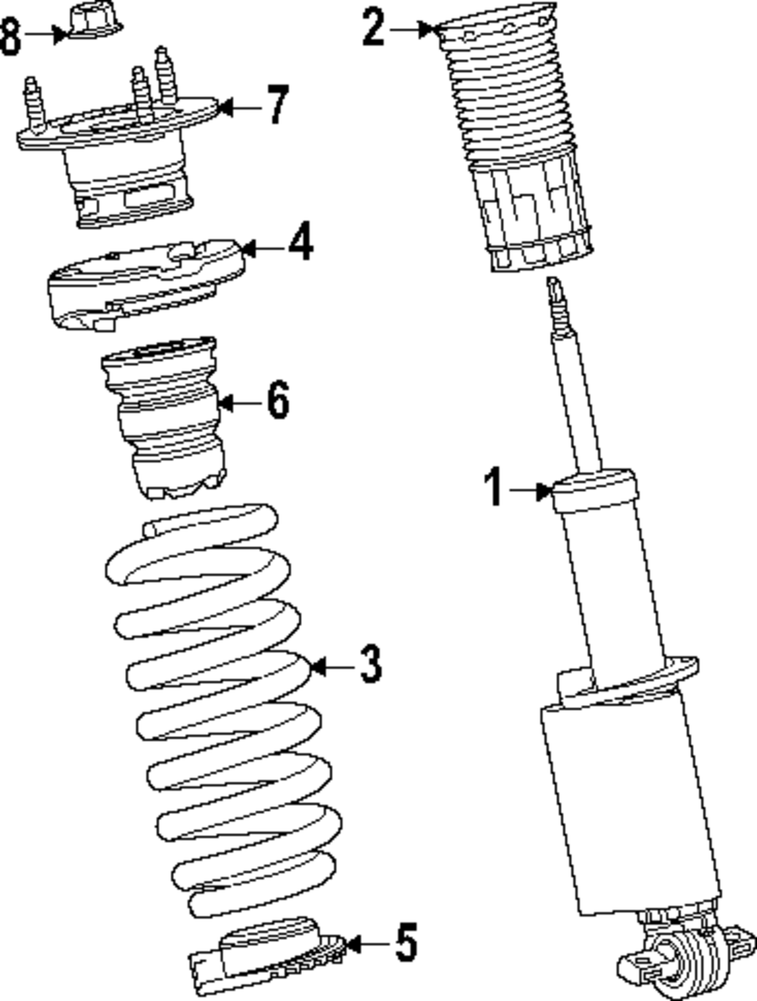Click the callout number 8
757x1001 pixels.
tap(10, 36)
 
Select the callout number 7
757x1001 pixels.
tap(278, 105)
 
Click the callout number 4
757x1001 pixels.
tap(301, 244)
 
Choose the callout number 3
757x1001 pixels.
tap(369, 665)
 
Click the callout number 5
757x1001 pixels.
tap(407, 943)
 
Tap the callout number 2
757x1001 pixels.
tap(373, 28)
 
